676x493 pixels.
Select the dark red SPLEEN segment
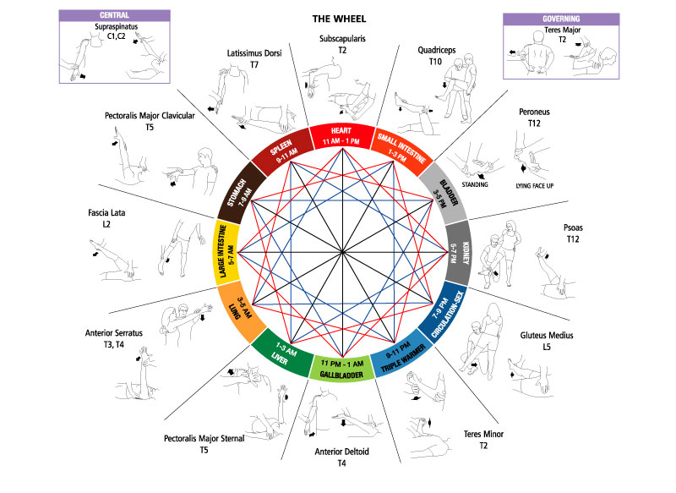coord(281,151)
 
